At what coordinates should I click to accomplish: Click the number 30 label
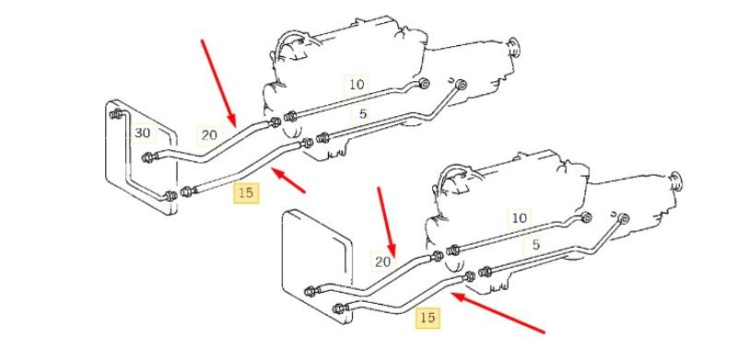pyautogui.click(x=143, y=134)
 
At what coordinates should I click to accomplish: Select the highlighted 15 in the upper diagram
pyautogui.click(x=246, y=192)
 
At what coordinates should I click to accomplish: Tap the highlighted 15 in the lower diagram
pyautogui.click(x=427, y=318)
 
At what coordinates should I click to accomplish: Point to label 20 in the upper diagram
pyautogui.click(x=209, y=135)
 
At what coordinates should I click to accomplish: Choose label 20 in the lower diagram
pyautogui.click(x=383, y=261)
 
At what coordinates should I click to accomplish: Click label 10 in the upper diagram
pyautogui.click(x=357, y=85)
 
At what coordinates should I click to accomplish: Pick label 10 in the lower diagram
pyautogui.click(x=520, y=218)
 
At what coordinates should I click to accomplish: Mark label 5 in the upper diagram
pyautogui.click(x=362, y=114)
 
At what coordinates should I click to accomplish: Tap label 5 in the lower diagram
pyautogui.click(x=536, y=244)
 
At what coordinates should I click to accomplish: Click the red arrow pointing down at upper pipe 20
pyautogui.click(x=218, y=83)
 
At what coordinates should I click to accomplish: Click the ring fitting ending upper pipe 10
pyautogui.click(x=424, y=84)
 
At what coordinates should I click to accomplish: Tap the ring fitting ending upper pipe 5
pyautogui.click(x=462, y=85)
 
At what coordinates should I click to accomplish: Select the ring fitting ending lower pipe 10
pyautogui.click(x=586, y=217)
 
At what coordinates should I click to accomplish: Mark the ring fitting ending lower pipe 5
pyautogui.click(x=624, y=218)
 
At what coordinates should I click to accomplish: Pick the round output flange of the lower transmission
pyautogui.click(x=676, y=181)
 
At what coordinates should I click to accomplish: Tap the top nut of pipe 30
pyautogui.click(x=116, y=114)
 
